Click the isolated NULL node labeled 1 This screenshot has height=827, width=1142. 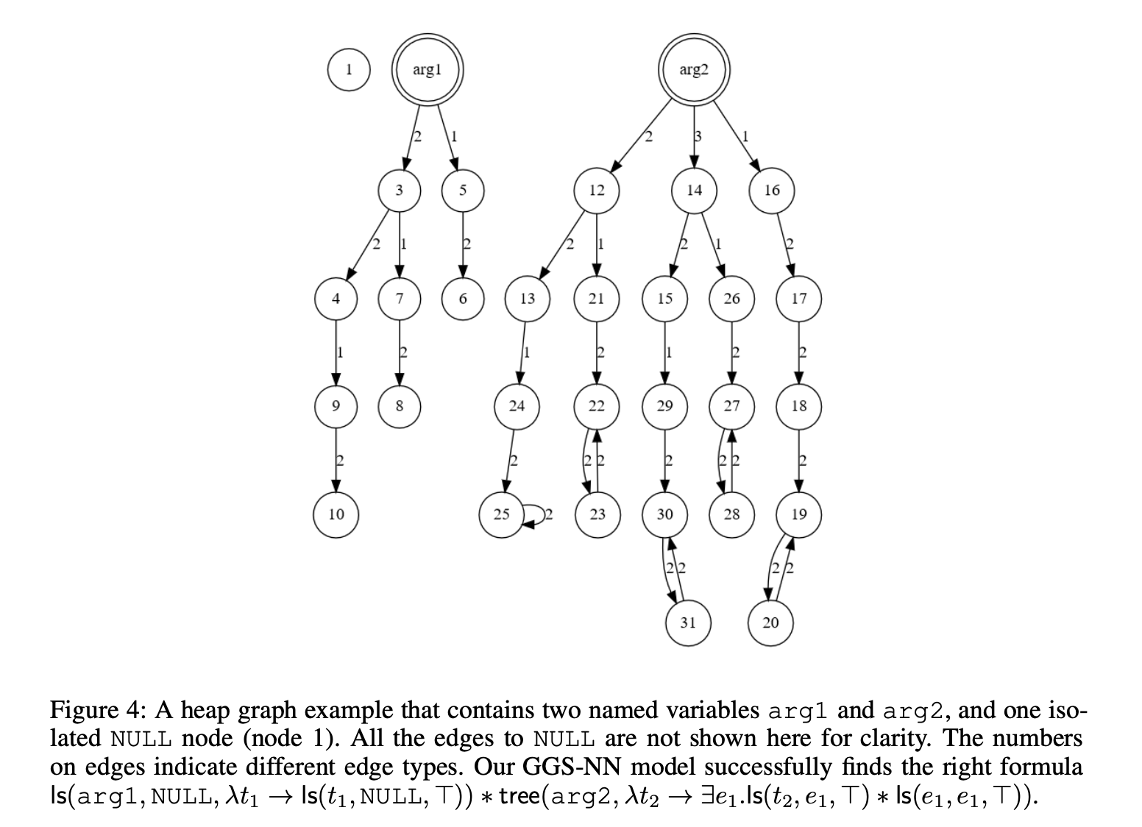[x=349, y=70]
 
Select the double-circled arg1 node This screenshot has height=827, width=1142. [x=427, y=70]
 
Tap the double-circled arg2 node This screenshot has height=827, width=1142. [x=693, y=70]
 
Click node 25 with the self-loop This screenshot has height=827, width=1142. [x=501, y=514]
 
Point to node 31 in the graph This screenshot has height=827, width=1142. [x=687, y=622]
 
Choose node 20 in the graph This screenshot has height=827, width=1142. [x=770, y=622]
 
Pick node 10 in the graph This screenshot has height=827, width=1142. [x=336, y=514]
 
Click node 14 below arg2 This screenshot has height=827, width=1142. [x=694, y=190]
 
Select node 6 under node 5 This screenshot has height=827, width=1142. [x=462, y=298]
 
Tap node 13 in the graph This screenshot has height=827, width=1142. [x=528, y=298]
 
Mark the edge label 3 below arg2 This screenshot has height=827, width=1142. [x=698, y=135]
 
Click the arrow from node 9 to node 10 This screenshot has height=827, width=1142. [x=336, y=460]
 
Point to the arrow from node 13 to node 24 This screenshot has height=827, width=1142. [x=522, y=352]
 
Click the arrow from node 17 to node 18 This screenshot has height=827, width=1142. [x=799, y=352]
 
